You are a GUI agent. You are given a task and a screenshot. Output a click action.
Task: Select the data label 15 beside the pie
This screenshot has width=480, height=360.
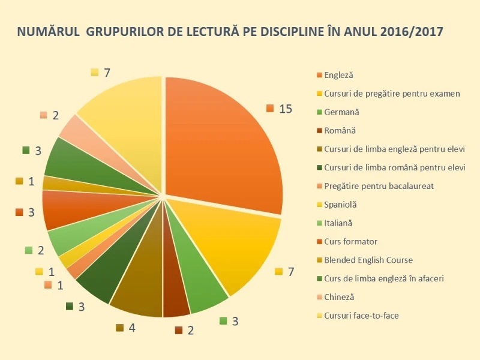tap(286, 109)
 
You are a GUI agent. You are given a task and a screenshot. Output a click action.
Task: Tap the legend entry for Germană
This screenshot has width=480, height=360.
tap(341, 112)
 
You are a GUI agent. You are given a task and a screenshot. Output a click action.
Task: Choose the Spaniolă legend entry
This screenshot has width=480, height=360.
tap(340, 205)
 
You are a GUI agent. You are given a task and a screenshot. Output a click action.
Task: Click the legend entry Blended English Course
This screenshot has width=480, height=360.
tap(368, 260)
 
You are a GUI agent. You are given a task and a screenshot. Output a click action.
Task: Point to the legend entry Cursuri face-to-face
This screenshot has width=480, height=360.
tap(361, 316)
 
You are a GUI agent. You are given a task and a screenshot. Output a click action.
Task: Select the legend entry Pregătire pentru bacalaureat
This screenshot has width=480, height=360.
tap(379, 186)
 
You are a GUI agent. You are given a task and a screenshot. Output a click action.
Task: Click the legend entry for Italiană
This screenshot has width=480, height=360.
tap(338, 223)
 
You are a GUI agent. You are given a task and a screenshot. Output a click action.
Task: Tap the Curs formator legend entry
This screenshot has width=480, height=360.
tap(350, 242)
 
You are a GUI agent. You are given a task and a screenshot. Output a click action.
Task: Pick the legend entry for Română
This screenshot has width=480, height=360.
tap(340, 131)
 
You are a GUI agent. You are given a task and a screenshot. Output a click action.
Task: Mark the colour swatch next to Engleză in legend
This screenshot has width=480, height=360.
tap(319, 76)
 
